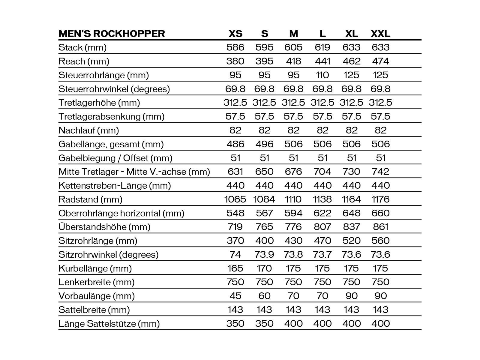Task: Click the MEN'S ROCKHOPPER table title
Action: (x=112, y=33)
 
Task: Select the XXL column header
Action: (x=380, y=33)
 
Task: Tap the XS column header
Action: (x=235, y=33)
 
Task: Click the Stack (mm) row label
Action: (x=82, y=47)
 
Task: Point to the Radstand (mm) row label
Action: (x=90, y=199)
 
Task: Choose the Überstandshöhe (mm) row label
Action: (x=104, y=227)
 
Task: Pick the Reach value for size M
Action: (x=293, y=61)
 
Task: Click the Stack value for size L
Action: (x=322, y=47)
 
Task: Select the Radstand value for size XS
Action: (x=235, y=199)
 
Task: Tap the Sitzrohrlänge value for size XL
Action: (x=351, y=241)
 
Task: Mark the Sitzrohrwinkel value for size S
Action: (x=264, y=254)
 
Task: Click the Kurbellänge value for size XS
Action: (x=235, y=268)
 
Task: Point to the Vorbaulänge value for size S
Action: (x=264, y=296)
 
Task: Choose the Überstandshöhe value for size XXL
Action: (x=380, y=227)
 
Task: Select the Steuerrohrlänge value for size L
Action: (x=322, y=75)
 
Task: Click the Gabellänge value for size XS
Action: (x=235, y=144)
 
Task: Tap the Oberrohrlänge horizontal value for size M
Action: (x=293, y=213)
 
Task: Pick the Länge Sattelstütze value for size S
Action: (x=264, y=323)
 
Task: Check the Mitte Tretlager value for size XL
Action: (x=351, y=172)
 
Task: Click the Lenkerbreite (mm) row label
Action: (x=96, y=282)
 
